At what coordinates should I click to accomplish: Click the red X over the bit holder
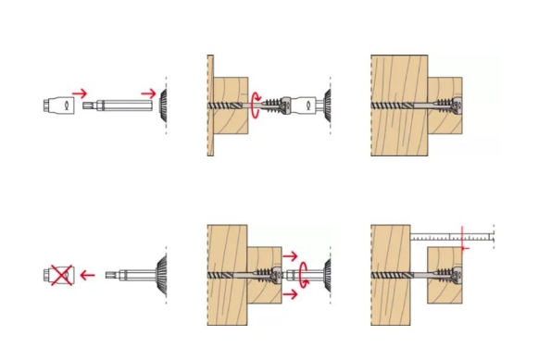pyautogui.click(x=61, y=274)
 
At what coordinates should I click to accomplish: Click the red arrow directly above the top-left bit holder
pyautogui.click(x=80, y=92)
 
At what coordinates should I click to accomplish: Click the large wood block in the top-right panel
pyautogui.click(x=398, y=74)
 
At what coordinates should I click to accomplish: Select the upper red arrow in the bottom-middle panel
pyautogui.click(x=290, y=254)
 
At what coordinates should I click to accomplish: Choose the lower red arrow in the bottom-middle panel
pyautogui.click(x=290, y=296)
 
